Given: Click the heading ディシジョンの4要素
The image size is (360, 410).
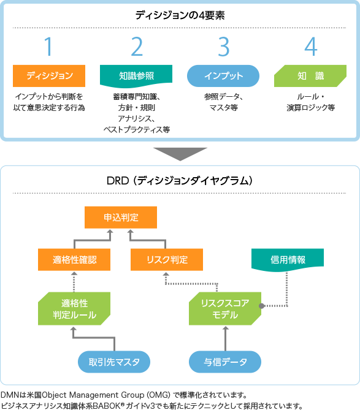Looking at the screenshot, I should (180, 14).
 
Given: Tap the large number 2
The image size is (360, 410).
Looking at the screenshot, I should (136, 47).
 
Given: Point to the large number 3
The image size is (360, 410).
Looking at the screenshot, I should (223, 47).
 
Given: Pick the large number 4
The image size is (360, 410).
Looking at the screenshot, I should (310, 47).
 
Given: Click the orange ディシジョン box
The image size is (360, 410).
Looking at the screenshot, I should (49, 75).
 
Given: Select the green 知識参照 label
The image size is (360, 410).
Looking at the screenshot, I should (136, 76).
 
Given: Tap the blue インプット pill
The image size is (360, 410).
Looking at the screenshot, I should (223, 75).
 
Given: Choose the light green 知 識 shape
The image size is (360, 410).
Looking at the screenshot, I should (310, 75).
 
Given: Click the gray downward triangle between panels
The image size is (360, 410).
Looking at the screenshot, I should (180, 153).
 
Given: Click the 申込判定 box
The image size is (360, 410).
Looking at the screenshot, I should (121, 218).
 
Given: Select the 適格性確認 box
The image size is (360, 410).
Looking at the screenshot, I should (74, 259).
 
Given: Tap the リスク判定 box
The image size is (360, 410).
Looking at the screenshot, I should (167, 259).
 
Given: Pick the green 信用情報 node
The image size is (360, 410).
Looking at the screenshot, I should (288, 260).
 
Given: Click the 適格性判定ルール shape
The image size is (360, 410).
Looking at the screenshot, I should (74, 309).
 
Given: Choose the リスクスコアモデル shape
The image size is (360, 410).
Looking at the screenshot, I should (224, 309).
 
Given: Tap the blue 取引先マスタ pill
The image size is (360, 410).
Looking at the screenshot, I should (115, 362).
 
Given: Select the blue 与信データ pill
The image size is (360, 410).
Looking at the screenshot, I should (224, 362).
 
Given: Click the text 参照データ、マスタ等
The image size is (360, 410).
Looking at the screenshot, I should (223, 102).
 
